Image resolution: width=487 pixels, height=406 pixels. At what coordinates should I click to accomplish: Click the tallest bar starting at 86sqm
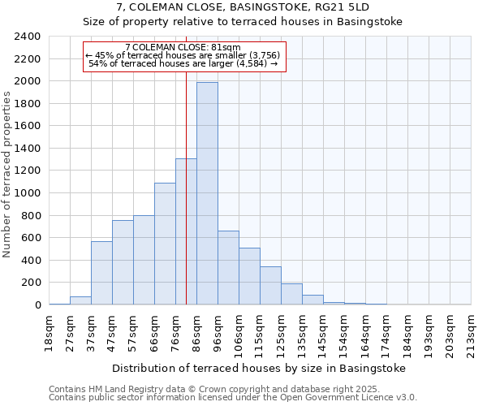207,193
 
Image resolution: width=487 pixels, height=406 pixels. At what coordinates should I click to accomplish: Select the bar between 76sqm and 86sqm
186,231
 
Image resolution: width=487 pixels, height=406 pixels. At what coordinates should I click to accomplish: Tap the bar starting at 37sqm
101,273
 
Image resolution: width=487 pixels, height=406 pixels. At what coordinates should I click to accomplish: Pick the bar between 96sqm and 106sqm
228,268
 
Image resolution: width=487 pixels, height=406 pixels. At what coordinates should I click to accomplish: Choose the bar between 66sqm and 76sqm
165,244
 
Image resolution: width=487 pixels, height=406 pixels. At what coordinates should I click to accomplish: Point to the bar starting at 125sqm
291,294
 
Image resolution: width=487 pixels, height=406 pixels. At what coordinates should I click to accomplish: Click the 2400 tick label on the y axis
28,37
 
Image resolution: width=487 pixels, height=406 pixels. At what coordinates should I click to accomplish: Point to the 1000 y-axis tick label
28,193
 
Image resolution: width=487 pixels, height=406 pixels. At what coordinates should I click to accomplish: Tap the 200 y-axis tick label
31,283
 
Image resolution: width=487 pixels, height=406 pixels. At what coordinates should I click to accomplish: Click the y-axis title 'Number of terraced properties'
7,175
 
